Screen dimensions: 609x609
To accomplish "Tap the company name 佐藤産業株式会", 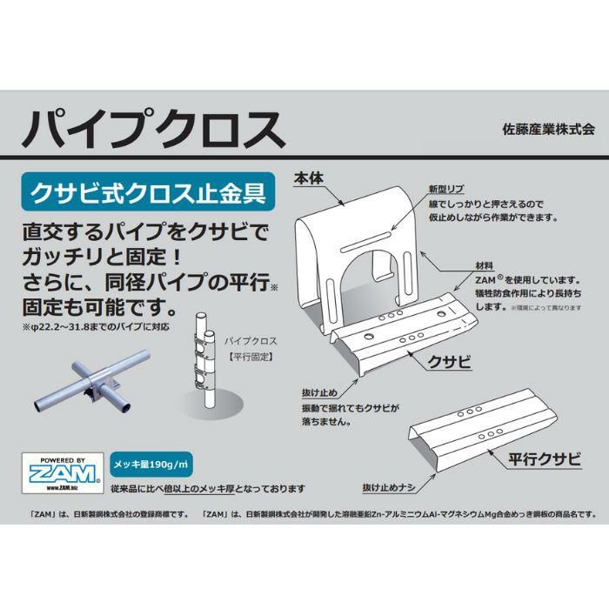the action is click(548, 130).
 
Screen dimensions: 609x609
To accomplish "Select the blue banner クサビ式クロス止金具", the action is click(148, 191).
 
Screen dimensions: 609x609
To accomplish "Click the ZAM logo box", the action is click(63, 473).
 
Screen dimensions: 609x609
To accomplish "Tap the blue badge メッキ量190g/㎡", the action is click(151, 464).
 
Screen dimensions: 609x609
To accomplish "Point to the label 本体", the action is click(308, 178).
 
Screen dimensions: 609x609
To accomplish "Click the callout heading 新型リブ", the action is click(445, 189).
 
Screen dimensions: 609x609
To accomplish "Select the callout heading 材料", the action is click(485, 265).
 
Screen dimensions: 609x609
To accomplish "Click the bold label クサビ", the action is click(450, 362).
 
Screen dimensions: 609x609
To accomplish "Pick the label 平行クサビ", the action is click(545, 459).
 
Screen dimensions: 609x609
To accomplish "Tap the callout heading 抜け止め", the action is click(319, 392).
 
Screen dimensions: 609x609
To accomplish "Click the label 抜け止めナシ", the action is click(389, 488).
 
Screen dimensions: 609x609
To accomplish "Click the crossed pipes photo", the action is click(91, 381).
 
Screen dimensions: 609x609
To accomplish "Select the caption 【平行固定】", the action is click(251, 357).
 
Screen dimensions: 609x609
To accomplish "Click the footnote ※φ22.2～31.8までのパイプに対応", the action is click(97, 326).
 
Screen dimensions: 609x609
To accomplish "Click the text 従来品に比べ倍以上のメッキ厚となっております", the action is click(208, 489).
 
